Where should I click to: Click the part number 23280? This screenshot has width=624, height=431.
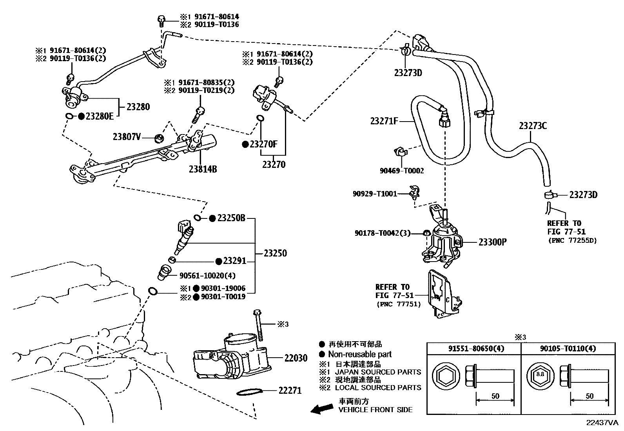(x=138, y=107)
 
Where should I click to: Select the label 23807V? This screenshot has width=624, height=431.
(x=127, y=137)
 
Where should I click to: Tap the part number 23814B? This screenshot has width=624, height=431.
(x=203, y=169)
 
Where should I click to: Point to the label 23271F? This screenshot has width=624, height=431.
(x=384, y=121)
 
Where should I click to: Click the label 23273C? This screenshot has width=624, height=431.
(x=533, y=126)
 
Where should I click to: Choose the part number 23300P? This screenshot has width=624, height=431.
(x=492, y=242)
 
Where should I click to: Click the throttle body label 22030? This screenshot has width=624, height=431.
(x=296, y=358)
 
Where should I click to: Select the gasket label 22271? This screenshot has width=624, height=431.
(x=290, y=391)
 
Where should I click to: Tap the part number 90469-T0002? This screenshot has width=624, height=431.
(x=402, y=171)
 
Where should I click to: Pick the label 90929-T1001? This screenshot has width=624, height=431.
(x=375, y=193)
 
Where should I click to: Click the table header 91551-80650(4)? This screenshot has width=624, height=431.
(x=473, y=348)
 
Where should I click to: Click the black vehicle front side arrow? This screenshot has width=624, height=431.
(x=321, y=409)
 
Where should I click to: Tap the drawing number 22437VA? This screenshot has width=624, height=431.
(x=602, y=423)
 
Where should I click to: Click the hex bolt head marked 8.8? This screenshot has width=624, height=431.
(x=540, y=374)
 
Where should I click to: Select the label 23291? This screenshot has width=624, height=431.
(x=234, y=261)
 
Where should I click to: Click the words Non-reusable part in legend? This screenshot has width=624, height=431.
(x=360, y=354)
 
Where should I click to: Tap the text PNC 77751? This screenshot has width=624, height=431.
(x=398, y=304)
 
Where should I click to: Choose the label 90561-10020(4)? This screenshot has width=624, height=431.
(x=208, y=276)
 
